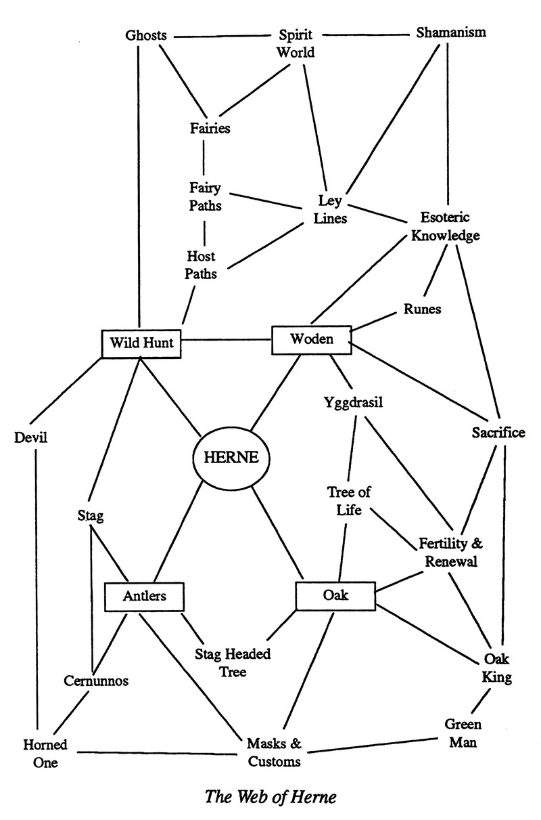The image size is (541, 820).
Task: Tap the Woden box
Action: tap(311, 339)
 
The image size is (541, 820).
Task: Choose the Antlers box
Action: tap(145, 597)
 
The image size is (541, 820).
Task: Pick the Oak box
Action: tap(335, 595)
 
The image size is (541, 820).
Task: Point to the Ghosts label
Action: tap(146, 35)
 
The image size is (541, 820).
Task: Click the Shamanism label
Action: tap(451, 33)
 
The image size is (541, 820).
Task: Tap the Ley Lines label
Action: tap(332, 209)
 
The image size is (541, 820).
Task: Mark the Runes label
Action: tap(422, 309)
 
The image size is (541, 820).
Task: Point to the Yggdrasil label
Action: tap(354, 402)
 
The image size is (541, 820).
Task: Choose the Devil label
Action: tap(31, 437)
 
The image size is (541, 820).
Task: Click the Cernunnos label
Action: tap(97, 680)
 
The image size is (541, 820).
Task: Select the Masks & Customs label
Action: tap(274, 752)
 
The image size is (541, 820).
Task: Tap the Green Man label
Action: tap(463, 733)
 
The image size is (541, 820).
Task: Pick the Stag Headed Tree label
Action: tap(233, 663)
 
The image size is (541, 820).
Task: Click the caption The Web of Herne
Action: tap(270, 796)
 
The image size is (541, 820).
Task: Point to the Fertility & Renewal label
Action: tap(452, 553)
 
